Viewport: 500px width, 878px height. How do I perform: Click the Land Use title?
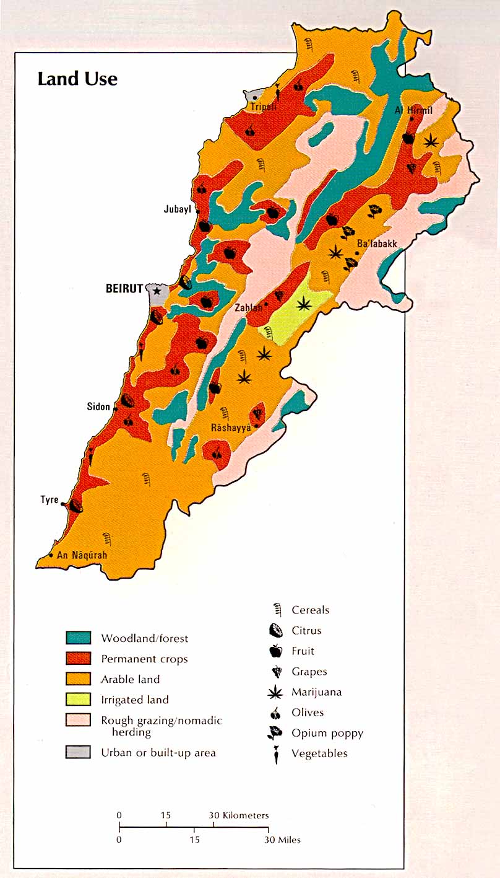click(x=77, y=79)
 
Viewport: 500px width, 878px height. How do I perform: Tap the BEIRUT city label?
click(x=124, y=289)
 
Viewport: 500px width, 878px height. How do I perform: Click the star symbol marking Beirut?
click(x=157, y=290)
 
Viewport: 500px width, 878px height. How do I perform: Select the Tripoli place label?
click(x=263, y=107)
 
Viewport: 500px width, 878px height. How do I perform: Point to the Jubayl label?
click(x=178, y=209)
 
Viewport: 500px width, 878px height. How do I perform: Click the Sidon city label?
click(x=98, y=407)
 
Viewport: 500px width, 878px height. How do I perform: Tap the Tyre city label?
click(x=50, y=500)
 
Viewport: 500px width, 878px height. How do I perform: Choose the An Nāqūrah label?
click(x=82, y=555)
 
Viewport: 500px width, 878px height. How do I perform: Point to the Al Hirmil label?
click(x=413, y=110)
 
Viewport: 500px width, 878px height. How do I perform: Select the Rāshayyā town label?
click(x=230, y=428)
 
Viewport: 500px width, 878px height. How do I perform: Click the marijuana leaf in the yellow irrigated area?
click(x=303, y=304)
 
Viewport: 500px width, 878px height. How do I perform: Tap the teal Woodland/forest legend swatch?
click(x=79, y=638)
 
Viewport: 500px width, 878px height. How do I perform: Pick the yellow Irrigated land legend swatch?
click(x=79, y=700)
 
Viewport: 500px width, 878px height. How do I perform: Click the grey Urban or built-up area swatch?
click(x=79, y=753)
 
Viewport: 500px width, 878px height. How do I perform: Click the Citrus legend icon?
click(x=275, y=631)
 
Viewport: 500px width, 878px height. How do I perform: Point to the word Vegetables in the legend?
click(x=319, y=753)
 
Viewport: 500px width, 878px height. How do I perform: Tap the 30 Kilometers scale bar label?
click(x=238, y=815)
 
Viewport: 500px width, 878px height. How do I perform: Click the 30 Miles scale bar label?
click(x=283, y=840)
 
